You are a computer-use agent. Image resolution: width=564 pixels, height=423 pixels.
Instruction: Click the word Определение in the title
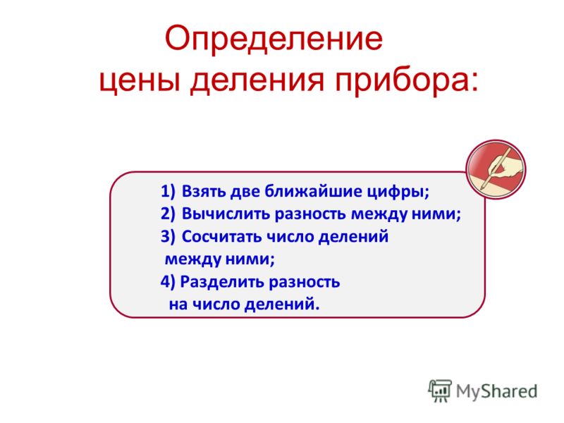[x=274, y=39]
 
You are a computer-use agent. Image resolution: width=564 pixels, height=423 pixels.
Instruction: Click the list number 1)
[x=168, y=191]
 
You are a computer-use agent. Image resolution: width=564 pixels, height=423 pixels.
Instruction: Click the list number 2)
[x=168, y=214]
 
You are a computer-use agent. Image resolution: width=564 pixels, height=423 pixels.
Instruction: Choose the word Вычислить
[x=226, y=214]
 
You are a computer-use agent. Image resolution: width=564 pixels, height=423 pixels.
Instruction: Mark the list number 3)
[x=168, y=237]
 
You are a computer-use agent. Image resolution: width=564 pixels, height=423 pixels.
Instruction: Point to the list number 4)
[x=168, y=281]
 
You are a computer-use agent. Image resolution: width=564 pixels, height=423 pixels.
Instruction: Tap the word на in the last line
[x=178, y=305]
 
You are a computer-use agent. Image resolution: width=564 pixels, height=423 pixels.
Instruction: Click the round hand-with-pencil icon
[x=496, y=169]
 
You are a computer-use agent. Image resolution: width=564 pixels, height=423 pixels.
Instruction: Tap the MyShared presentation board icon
[x=440, y=391]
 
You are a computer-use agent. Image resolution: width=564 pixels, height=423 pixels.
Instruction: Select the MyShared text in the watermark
[x=497, y=391]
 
